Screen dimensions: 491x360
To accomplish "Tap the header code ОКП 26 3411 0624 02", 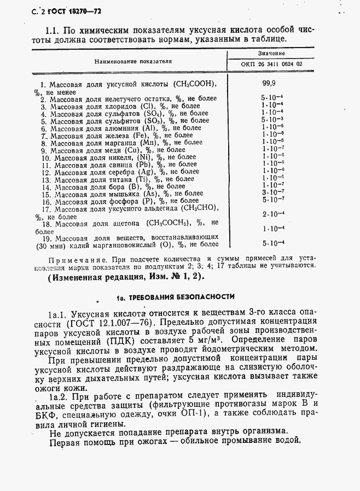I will coord(271,64).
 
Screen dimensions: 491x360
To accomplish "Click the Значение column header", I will coord(271,54).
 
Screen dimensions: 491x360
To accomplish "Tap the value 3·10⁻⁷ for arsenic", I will coord(272,192).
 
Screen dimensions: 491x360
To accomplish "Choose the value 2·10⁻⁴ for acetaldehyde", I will coord(272,214).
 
